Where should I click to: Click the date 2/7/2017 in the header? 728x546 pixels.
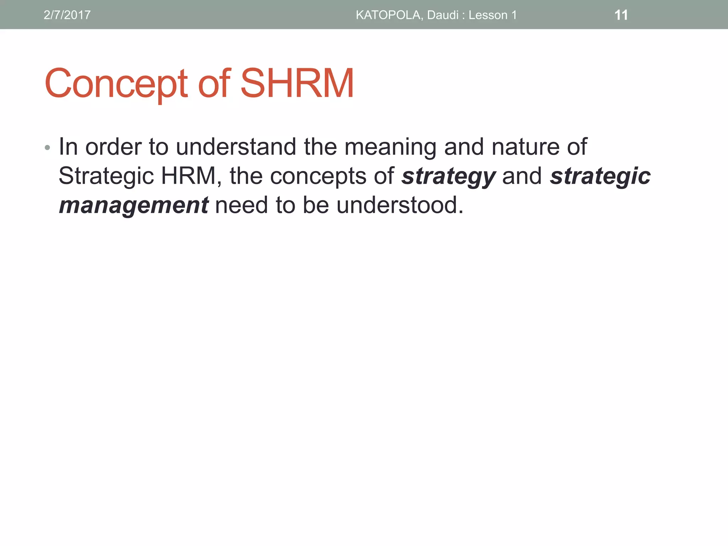pyautogui.click(x=67, y=15)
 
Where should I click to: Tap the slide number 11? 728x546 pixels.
pyautogui.click(x=621, y=15)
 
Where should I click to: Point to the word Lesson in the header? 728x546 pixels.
pyautogui.click(x=488, y=15)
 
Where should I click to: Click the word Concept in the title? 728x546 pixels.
pyautogui.click(x=116, y=84)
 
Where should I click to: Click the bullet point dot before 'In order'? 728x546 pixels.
pyautogui.click(x=47, y=148)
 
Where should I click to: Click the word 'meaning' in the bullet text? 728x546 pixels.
pyautogui.click(x=390, y=147)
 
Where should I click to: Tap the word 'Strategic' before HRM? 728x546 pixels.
pyautogui.click(x=106, y=176)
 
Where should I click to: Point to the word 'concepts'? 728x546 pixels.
pyautogui.click(x=318, y=176)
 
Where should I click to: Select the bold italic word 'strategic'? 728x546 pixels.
pyautogui.click(x=600, y=176)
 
